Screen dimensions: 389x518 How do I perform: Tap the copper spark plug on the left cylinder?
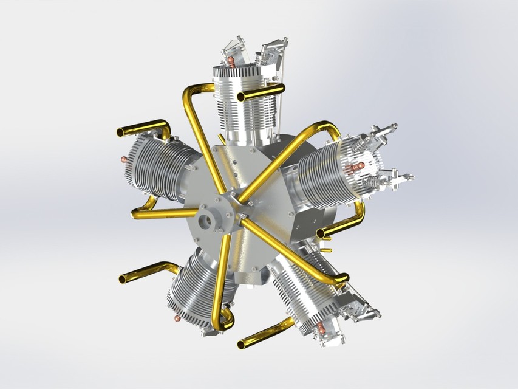tap(124, 159)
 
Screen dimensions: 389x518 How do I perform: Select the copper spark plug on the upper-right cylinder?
tap(357, 165)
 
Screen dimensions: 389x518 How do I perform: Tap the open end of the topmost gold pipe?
tap(241, 97)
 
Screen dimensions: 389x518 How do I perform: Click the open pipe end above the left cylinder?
tap(120, 131)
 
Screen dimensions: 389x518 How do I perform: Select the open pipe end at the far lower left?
tap(123, 279)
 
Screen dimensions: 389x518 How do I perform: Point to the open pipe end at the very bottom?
tap(242, 345)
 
